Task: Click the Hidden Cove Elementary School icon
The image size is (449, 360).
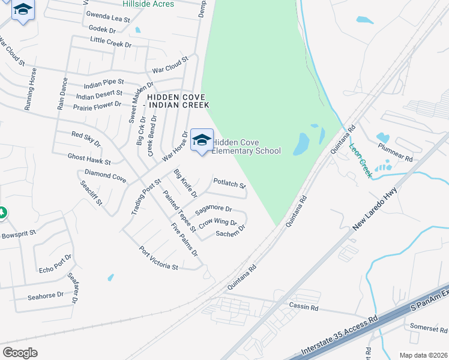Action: pyautogui.click(x=202, y=140)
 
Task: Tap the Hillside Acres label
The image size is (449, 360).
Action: pyautogui.click(x=148, y=4)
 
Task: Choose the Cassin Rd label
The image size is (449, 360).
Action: pyautogui.click(x=303, y=307)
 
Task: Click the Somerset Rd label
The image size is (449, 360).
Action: pyautogui.click(x=429, y=329)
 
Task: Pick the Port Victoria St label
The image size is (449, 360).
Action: pyautogui.click(x=158, y=259)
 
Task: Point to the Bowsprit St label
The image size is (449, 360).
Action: pyautogui.click(x=19, y=231)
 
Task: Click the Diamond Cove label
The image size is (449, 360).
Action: pyautogui.click(x=105, y=178)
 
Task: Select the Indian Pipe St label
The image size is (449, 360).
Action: pyautogui.click(x=104, y=82)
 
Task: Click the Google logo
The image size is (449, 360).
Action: pyautogui.click(x=20, y=352)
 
